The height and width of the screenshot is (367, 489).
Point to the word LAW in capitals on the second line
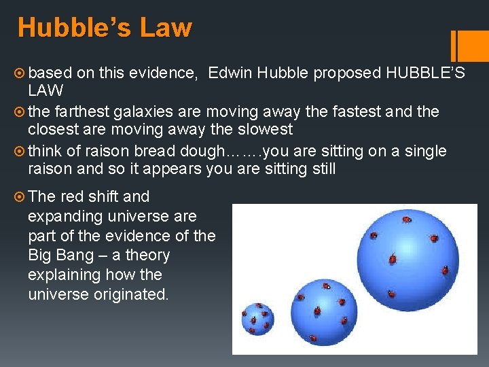46,90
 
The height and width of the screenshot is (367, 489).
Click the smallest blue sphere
257,318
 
